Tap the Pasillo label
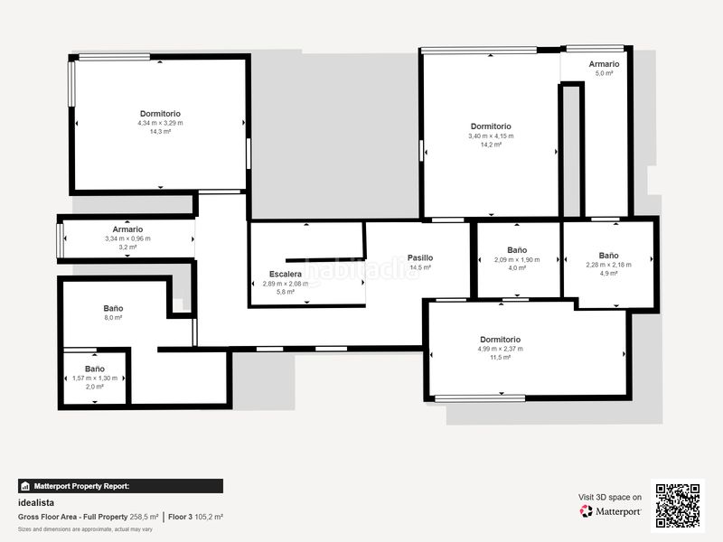[419, 257]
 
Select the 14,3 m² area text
[160, 132]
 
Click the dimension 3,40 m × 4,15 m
[491, 136]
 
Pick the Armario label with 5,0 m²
[604, 64]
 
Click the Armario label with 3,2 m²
[127, 229]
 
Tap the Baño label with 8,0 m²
[113, 308]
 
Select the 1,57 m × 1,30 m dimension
[95, 378]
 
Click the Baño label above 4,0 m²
[517, 249]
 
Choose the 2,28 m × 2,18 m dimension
[608, 265]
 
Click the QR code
[679, 505]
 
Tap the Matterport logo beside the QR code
[611, 511]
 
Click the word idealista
[37, 502]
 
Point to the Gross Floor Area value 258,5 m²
[144, 517]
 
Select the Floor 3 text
[187, 517]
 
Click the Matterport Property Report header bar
[120, 486]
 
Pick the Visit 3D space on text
[610, 497]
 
